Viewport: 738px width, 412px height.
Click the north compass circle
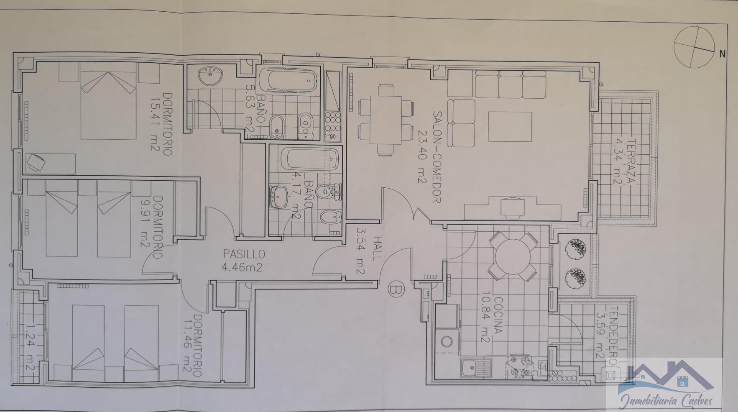pos(694,47)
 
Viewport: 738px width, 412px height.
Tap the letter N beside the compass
pos(722,54)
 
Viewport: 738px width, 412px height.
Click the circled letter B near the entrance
pos(396,289)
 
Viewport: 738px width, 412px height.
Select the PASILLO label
pos(244,254)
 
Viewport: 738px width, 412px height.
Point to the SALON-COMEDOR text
pos(437,157)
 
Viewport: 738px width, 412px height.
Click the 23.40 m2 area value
pos(421,157)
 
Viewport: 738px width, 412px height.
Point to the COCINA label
pos(498,315)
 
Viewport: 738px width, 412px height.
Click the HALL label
pos(378,249)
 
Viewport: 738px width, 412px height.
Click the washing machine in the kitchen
pos(447,342)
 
